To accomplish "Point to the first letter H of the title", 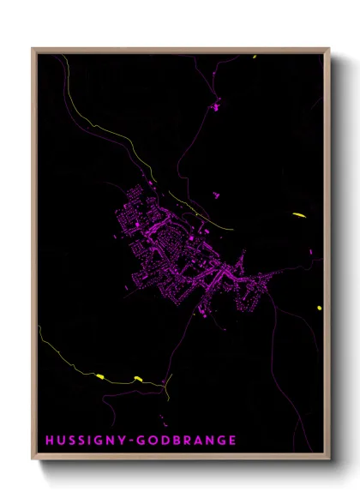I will coord(50,441).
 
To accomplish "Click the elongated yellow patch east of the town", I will coord(298,214).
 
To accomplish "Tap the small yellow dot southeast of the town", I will coord(319,308).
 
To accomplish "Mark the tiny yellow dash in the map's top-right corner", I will coord(255,57).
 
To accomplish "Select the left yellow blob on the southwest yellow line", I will coord(100,375).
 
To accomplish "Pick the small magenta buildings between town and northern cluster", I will coord(216,195).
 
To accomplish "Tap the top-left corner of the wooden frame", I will coord(33,49).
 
